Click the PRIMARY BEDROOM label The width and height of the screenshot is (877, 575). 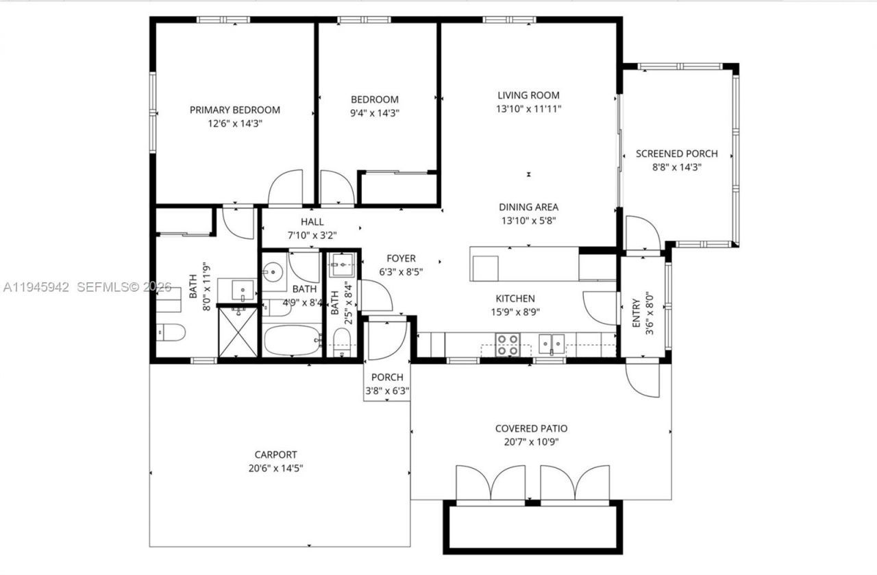click(234, 110)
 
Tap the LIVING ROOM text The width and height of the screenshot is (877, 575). click(528, 95)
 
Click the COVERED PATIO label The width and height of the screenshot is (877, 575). click(531, 428)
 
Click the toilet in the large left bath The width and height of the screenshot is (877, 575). click(170, 333)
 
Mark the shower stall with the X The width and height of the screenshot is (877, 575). click(238, 332)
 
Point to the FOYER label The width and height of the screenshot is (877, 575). click(401, 258)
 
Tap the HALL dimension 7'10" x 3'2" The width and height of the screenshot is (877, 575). click(312, 234)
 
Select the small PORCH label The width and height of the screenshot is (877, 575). click(387, 378)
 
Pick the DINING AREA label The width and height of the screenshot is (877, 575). click(528, 207)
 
